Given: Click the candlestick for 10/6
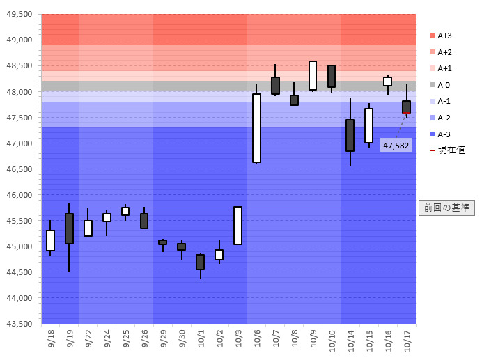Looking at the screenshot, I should coord(256,128).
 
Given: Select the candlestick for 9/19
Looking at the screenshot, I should coord(69,228).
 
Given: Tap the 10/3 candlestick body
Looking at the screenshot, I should coord(238,226).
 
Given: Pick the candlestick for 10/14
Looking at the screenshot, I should coord(350,135).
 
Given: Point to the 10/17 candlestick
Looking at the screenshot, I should coord(407,107).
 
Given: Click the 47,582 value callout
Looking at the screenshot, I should coord(396,145).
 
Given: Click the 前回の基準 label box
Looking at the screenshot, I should coord(447,208).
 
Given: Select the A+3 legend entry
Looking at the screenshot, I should coord(442,36).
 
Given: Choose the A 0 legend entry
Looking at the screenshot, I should coord(442,84).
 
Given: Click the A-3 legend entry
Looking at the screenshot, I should coord(442,134).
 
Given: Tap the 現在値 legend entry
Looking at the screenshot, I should coord(447,150).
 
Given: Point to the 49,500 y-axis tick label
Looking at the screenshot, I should coord(20,14).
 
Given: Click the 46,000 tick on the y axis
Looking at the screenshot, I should coord(20,195).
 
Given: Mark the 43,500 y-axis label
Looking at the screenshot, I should coord(20,324).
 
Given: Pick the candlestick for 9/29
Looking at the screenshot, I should coord(163,242).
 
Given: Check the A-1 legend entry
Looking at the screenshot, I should coord(442,101).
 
